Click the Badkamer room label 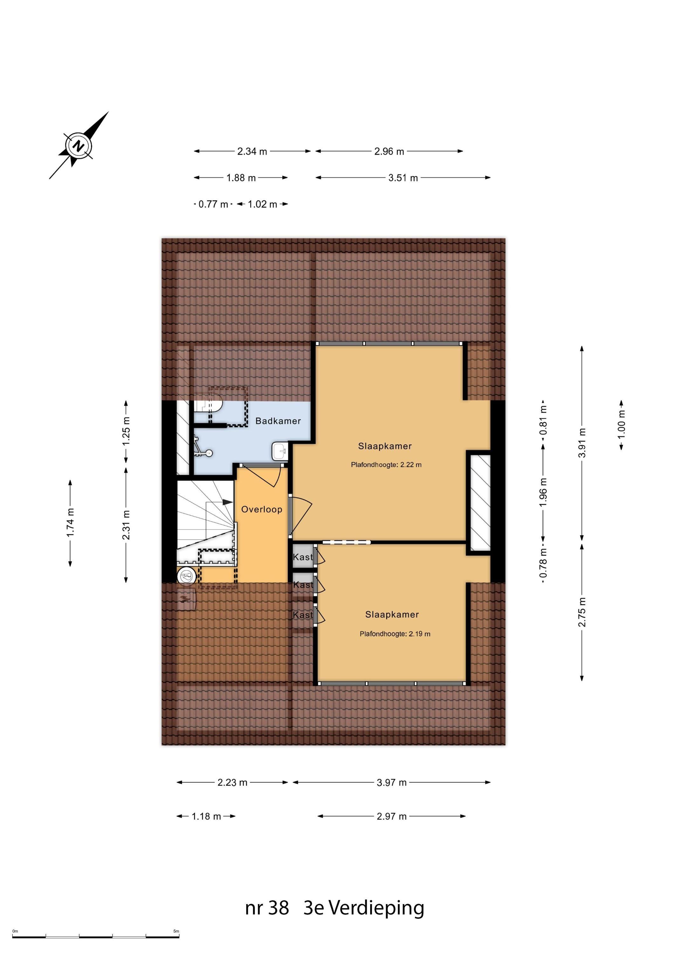[x=278, y=421]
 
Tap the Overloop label [x=262, y=509]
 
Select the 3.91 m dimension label [x=582, y=443]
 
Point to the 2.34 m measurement [x=252, y=152]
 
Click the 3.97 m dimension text [x=391, y=782]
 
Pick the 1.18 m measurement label [x=206, y=816]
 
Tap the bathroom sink [x=280, y=451]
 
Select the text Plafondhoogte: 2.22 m [x=386, y=465]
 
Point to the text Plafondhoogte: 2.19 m [x=395, y=634]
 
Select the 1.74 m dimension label [x=70, y=522]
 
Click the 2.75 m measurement [x=582, y=612]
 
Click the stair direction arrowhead [x=228, y=502]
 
